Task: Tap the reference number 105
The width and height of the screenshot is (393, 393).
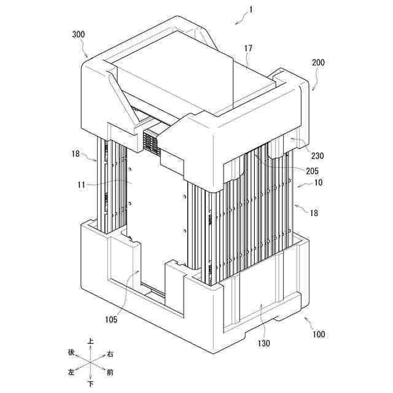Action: click(x=111, y=319)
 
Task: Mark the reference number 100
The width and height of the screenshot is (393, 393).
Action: click(x=318, y=335)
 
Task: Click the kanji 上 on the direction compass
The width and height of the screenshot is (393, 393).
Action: click(x=91, y=341)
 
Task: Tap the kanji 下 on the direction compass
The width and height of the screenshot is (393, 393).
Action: click(x=91, y=384)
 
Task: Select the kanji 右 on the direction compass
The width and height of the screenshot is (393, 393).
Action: click(x=110, y=354)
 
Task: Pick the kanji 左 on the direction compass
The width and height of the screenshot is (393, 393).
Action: click(x=72, y=373)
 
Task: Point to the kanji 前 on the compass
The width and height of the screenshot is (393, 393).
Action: click(x=110, y=372)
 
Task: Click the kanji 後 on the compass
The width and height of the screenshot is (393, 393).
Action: click(x=72, y=353)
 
